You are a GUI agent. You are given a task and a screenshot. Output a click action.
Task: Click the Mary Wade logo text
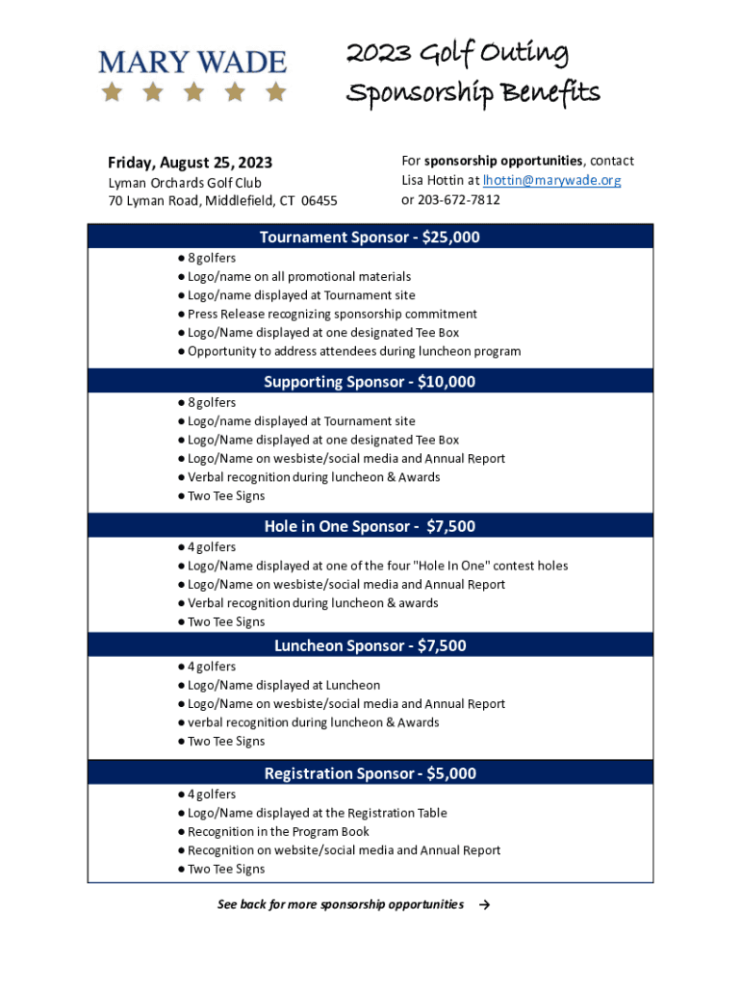pyautogui.click(x=192, y=63)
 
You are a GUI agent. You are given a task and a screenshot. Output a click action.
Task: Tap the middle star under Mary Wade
pyautogui.click(x=193, y=92)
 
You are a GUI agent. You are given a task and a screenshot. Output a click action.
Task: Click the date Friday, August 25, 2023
pyautogui.click(x=183, y=162)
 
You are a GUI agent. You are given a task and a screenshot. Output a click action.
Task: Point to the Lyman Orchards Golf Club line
pyautogui.click(x=185, y=182)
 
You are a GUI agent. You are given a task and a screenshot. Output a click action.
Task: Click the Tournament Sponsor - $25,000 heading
pyautogui.click(x=370, y=237)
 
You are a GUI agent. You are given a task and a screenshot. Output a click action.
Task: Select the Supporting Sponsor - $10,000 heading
pyautogui.click(x=370, y=382)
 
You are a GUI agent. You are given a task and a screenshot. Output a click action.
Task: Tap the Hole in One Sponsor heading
pyautogui.click(x=370, y=526)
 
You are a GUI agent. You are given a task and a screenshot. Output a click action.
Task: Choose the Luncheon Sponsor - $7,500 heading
pyautogui.click(x=370, y=645)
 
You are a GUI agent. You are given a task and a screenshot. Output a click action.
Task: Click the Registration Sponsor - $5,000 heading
pyautogui.click(x=370, y=773)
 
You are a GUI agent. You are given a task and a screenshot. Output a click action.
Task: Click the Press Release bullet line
pyautogui.click(x=332, y=314)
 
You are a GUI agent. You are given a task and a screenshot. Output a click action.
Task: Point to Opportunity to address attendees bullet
pyautogui.click(x=353, y=351)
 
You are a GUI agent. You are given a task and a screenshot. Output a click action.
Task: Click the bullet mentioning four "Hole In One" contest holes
pyautogui.click(x=377, y=566)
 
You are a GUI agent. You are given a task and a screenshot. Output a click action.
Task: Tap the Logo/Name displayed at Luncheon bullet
pyautogui.click(x=283, y=685)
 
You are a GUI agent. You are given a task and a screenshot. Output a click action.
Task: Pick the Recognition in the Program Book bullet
pyautogui.click(x=278, y=831)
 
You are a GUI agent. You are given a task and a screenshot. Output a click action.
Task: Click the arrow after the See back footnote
pyautogui.click(x=484, y=904)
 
